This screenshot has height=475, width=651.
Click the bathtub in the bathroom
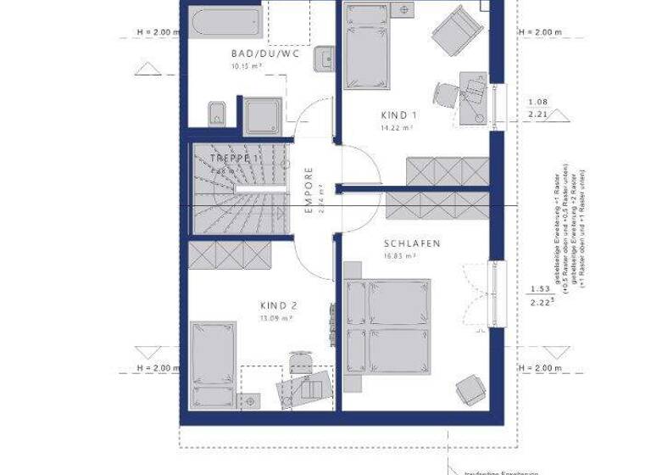(x=220, y=23)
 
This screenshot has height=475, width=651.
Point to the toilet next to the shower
(x=215, y=113)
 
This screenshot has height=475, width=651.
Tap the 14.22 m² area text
(x=397, y=127)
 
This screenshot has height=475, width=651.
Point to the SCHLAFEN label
(x=409, y=243)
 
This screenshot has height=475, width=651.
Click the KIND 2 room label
(x=277, y=306)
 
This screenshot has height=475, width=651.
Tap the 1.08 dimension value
(x=537, y=101)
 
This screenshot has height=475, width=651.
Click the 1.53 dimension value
(x=537, y=289)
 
